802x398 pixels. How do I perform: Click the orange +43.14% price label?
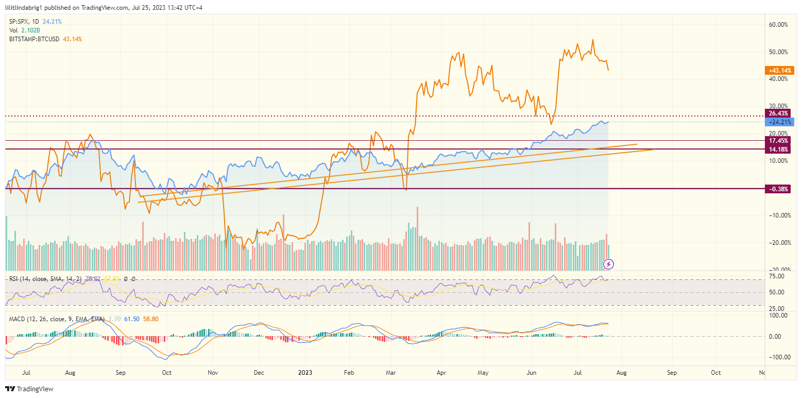click(x=780, y=70)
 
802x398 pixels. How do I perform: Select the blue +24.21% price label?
click(x=780, y=122)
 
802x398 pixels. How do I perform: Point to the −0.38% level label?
click(x=779, y=189)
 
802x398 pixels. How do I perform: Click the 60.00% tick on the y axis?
click(x=779, y=24)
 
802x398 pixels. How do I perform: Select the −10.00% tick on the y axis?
click(x=778, y=215)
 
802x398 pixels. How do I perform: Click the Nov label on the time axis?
click(x=213, y=372)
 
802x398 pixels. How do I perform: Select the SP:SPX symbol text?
click(x=19, y=22)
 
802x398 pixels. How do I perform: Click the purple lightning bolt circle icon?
click(x=609, y=264)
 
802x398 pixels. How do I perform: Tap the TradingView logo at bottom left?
click(x=29, y=389)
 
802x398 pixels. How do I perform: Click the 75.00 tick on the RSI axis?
click(x=776, y=276)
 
